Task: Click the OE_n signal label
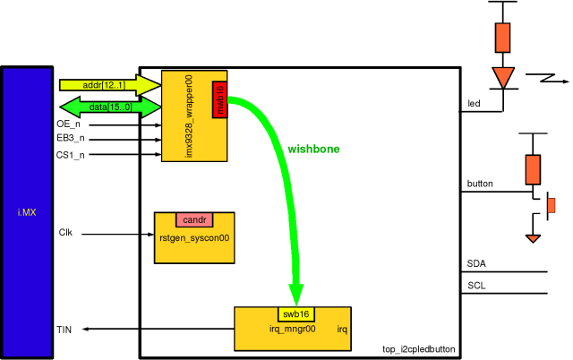69,124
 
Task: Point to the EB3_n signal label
71,140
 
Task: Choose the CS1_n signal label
71,155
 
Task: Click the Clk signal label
65,233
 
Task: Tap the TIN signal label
64,330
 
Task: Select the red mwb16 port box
220,99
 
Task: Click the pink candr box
194,219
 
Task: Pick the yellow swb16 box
295,314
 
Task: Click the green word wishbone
313,148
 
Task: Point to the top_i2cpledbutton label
419,349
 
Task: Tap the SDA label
477,264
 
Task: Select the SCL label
477,286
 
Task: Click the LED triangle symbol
503,77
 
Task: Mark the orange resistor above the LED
503,37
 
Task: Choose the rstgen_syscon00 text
194,239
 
